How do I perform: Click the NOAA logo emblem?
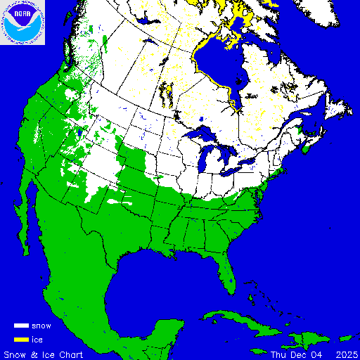click(x=22, y=22)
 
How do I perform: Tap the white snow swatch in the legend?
click(x=22, y=326)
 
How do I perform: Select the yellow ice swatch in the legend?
click(x=22, y=340)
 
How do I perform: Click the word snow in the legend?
click(x=41, y=326)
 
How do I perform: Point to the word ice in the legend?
click(x=37, y=340)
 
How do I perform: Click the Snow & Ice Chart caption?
click(x=44, y=354)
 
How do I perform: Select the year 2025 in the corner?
click(x=345, y=354)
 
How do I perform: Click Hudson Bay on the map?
click(x=214, y=67)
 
